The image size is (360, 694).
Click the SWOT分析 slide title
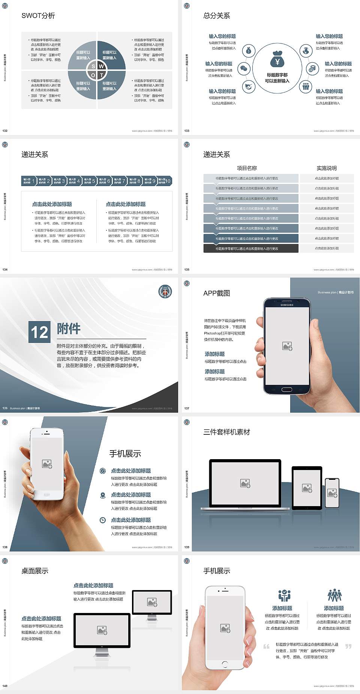point(38,16)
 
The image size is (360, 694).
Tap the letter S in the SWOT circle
point(93,66)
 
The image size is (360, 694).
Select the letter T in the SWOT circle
point(101,75)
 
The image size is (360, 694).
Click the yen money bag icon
point(277,60)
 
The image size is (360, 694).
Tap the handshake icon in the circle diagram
point(249,87)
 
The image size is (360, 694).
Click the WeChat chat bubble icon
point(244,69)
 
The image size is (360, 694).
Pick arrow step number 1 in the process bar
point(29,181)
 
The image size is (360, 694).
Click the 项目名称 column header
point(247,168)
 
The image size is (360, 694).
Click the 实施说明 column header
point(327,168)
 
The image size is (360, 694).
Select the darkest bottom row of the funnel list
point(251,248)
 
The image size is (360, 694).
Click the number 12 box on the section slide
point(39,332)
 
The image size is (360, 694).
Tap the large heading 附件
point(69,329)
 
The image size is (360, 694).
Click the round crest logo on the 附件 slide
point(165,292)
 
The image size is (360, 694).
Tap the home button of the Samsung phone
point(286,389)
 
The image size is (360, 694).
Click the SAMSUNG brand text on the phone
point(287,305)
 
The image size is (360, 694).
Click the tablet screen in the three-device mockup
point(307,488)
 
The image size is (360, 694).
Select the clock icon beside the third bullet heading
point(103,520)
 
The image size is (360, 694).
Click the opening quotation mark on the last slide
point(266,646)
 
